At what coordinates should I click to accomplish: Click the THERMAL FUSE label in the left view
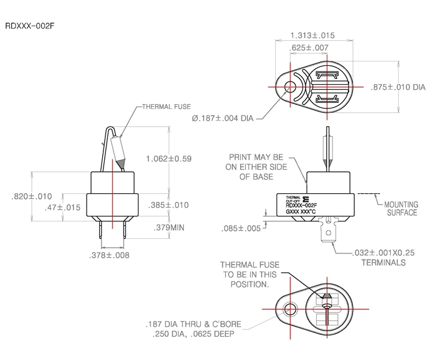166,107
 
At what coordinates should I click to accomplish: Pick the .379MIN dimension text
169,228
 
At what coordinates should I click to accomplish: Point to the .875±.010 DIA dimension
399,87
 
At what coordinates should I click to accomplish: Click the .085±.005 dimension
241,228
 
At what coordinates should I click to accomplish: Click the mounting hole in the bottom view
290,309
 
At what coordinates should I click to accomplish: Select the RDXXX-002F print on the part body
301,205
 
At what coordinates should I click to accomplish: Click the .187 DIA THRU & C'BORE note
194,329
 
